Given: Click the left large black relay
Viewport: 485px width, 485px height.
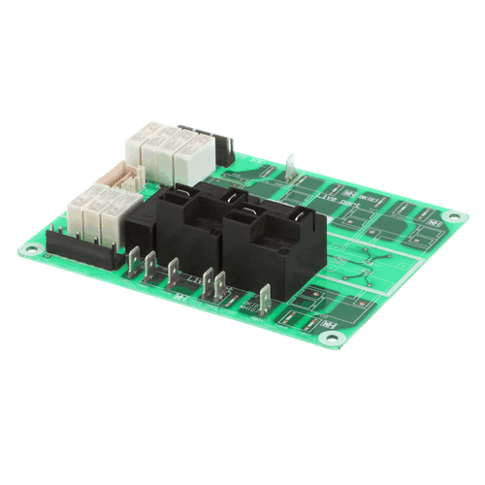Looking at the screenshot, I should coord(175,230).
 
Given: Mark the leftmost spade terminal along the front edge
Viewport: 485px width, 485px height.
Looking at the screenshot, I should coord(136,259).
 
